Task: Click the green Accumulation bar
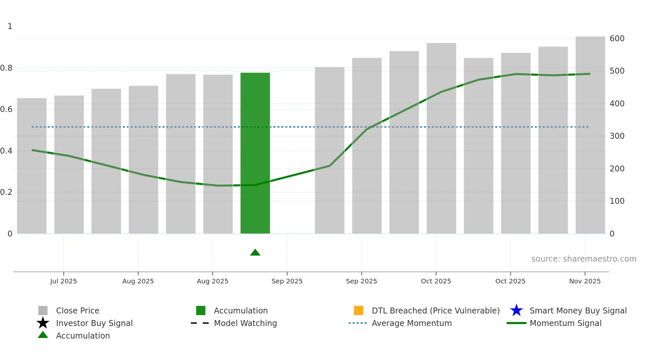click(255, 153)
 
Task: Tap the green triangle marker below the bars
click(255, 253)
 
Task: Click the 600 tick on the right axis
click(617, 39)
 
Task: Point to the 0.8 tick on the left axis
click(6, 68)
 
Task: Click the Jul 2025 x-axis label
click(63, 281)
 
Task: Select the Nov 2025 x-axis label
click(585, 281)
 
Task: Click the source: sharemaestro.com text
click(584, 259)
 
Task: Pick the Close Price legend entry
click(78, 311)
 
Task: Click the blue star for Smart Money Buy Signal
click(516, 310)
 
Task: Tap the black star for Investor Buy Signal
click(43, 323)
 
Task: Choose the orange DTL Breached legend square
click(358, 310)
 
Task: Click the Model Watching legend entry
click(245, 323)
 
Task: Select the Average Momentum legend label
click(412, 323)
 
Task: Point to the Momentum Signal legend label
click(565, 323)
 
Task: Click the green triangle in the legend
click(43, 335)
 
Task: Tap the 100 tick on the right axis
click(617, 201)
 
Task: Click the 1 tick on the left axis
click(10, 26)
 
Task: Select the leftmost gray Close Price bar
click(32, 166)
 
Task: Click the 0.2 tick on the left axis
click(6, 192)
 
